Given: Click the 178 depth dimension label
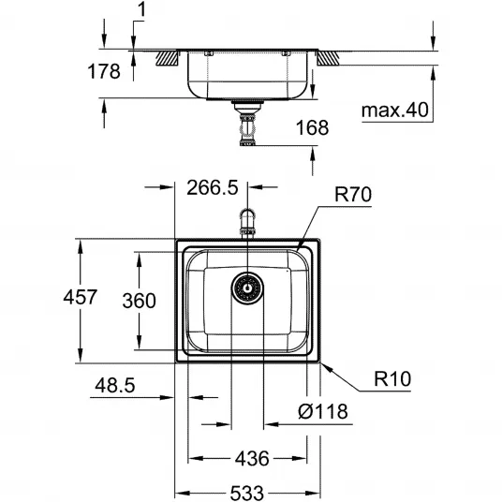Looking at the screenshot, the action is (104, 71).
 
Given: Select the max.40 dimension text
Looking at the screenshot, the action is (394, 110).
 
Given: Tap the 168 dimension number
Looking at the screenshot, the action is (312, 127).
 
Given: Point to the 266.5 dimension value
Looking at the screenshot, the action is (213, 187).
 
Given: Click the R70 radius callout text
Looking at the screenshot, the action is (353, 194).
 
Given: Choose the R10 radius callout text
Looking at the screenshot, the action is (392, 378).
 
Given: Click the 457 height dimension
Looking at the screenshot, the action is (80, 297).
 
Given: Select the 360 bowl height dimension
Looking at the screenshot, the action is (139, 301).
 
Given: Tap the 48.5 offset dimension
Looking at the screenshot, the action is (115, 385).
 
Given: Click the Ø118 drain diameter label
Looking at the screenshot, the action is (323, 411).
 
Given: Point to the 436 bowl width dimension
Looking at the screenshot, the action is (252, 459).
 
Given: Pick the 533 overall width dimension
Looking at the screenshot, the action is (247, 493).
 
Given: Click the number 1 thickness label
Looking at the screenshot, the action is (141, 9).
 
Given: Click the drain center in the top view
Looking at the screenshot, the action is (247, 288).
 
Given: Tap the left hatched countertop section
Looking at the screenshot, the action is (168, 58).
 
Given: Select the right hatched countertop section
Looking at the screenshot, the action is (328, 58).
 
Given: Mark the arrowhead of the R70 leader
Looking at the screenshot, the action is (298, 249).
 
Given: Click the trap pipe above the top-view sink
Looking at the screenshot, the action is (247, 223).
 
